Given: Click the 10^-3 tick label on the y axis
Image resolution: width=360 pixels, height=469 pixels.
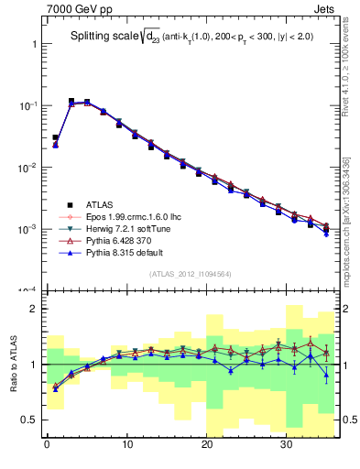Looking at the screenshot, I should pos(26,229).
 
